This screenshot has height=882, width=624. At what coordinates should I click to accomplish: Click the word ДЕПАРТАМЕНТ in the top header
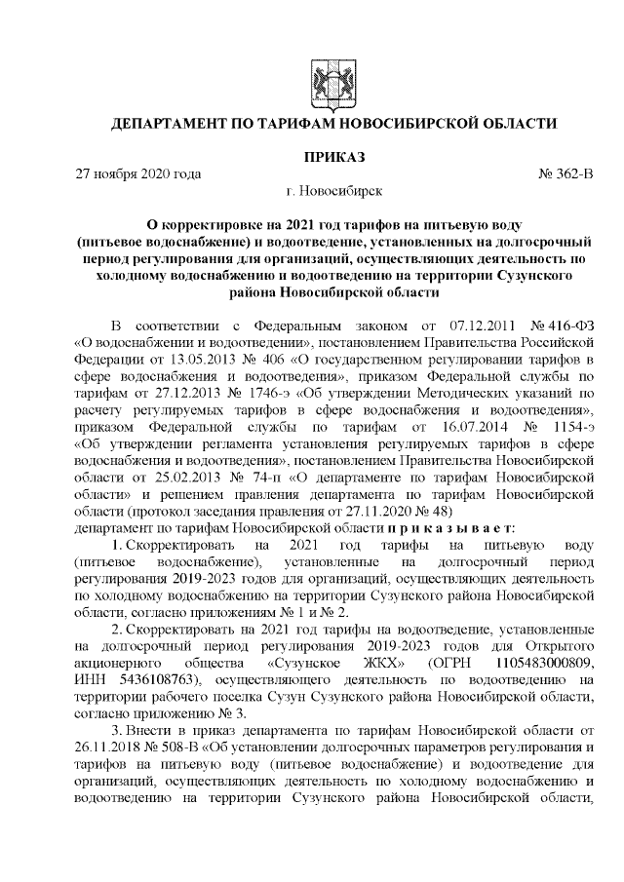click(x=175, y=124)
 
